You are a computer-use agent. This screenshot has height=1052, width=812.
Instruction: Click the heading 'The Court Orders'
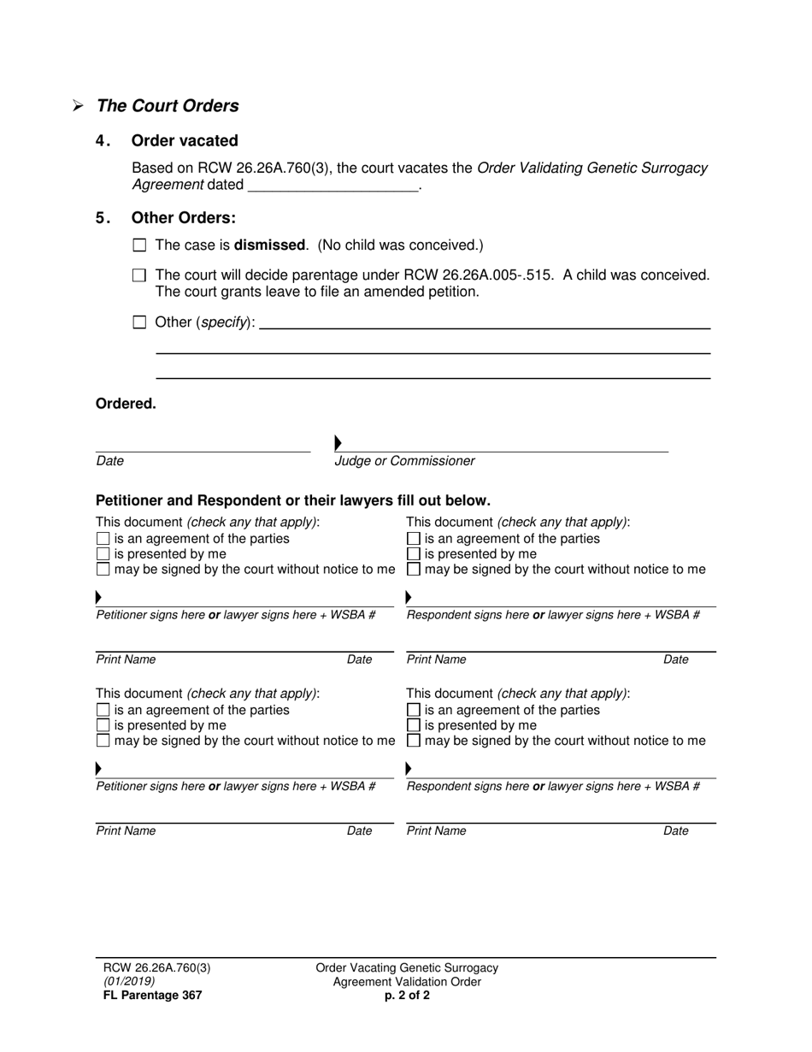pos(168,106)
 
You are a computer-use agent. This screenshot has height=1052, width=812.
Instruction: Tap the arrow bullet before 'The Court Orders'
pos(78,106)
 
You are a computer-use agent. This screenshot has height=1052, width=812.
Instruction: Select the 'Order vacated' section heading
pos(185,141)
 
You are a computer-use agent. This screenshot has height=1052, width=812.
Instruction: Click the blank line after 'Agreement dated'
pos(332,186)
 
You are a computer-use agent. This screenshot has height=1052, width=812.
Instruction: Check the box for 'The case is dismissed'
pos(140,245)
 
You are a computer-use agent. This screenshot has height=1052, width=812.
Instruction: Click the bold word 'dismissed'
pos(269,245)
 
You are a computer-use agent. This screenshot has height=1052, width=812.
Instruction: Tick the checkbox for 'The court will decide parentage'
pos(140,276)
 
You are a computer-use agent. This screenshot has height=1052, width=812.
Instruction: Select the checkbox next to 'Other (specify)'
pos(140,323)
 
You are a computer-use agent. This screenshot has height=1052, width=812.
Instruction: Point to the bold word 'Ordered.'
pos(126,405)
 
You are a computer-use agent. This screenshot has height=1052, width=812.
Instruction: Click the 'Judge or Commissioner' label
pos(404,462)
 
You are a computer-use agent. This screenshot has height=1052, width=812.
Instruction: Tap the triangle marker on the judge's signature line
pos(338,443)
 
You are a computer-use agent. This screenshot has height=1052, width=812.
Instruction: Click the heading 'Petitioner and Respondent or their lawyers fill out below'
pos(293,500)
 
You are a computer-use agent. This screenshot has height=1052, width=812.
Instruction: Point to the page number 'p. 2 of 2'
pos(407,996)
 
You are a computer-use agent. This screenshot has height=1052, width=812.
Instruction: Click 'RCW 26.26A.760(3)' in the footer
pos(156,968)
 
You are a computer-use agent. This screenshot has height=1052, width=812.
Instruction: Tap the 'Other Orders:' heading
pos(184,218)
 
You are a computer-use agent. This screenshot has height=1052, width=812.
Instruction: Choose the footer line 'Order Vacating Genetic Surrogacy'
pos(407,968)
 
